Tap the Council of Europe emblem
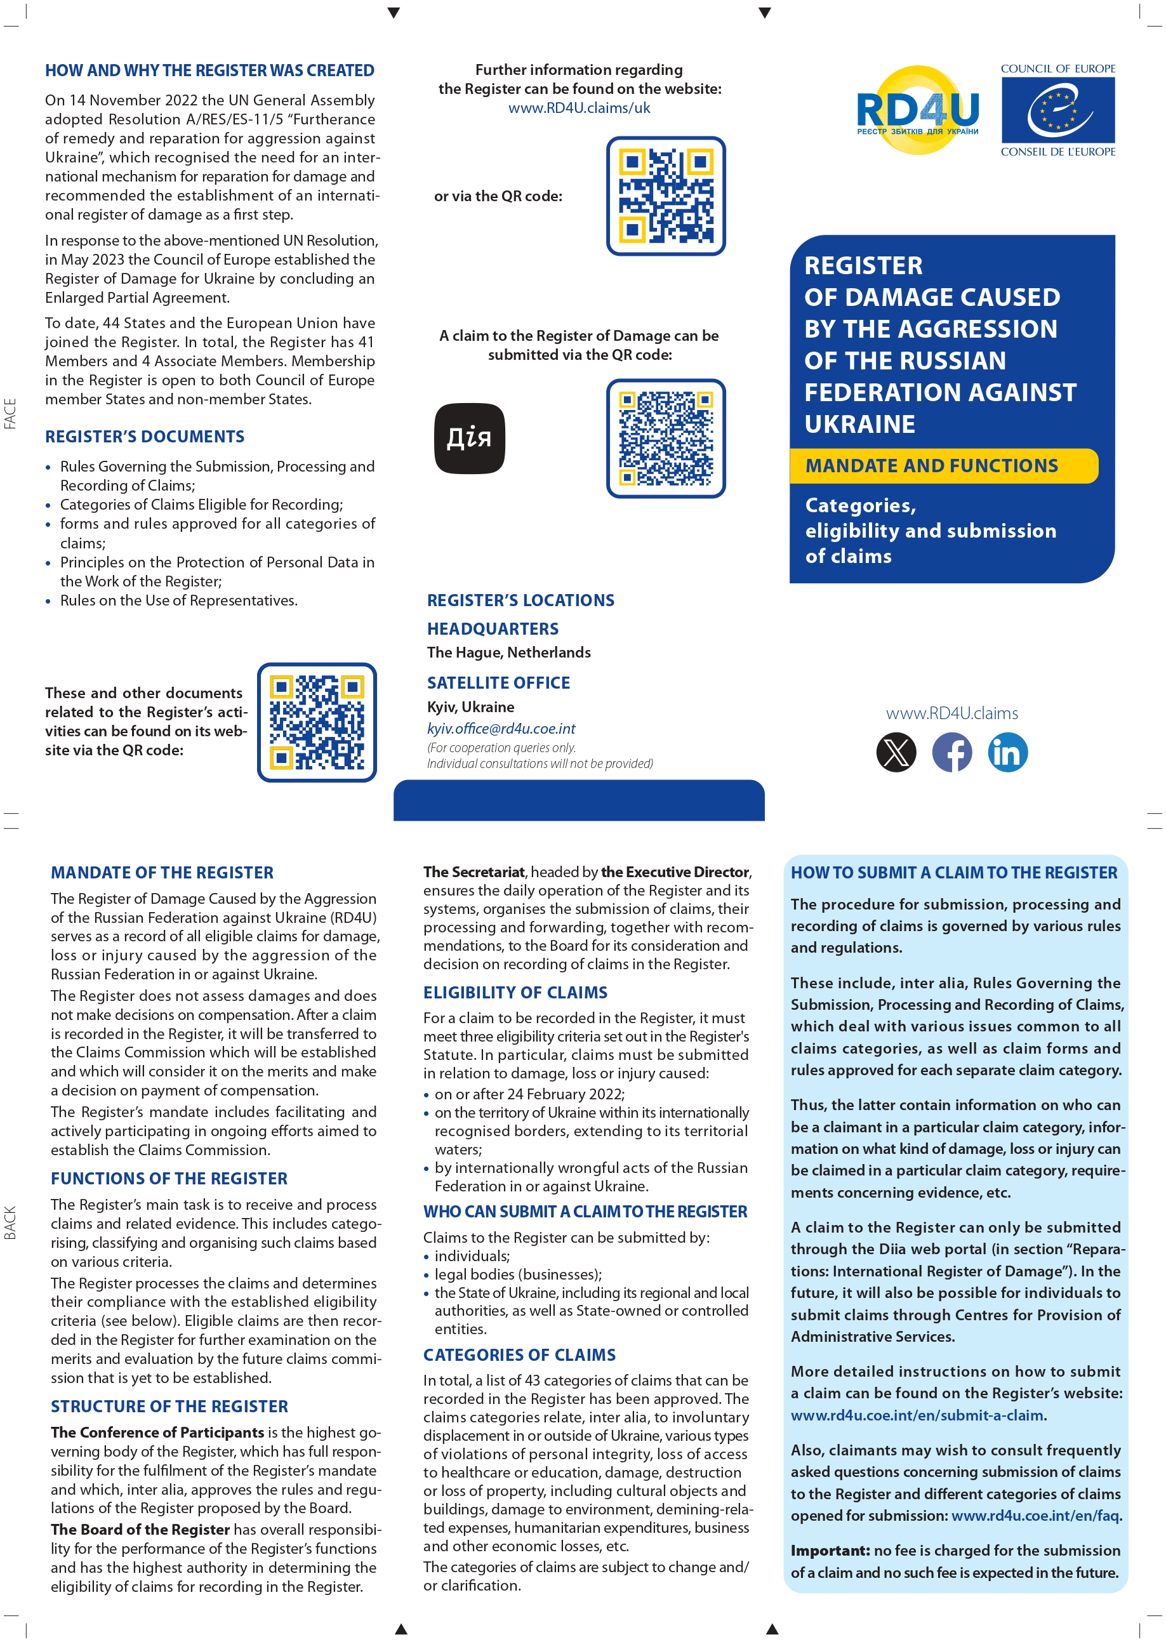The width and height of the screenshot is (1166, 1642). click(x=1057, y=110)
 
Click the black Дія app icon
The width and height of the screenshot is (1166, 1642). click(x=470, y=438)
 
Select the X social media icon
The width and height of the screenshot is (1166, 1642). click(x=896, y=752)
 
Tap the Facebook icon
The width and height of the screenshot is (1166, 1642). click(x=952, y=752)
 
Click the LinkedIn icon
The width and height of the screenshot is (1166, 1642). click(x=1007, y=752)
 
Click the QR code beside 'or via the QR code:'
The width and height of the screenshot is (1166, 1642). click(x=666, y=196)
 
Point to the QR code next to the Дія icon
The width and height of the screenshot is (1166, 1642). click(x=666, y=438)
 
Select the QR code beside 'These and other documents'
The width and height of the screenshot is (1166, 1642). click(x=317, y=722)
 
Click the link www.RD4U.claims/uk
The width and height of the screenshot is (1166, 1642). click(x=579, y=108)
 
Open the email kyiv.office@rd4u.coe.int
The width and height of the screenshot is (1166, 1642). click(x=501, y=728)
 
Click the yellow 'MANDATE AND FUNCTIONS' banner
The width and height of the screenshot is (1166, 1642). click(x=943, y=466)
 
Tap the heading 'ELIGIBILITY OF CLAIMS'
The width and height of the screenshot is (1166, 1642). click(x=515, y=992)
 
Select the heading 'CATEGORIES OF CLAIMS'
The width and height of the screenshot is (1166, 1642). click(x=519, y=1355)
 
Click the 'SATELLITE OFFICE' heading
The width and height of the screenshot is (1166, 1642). click(x=498, y=683)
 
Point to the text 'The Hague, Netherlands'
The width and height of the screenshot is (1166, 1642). click(x=508, y=652)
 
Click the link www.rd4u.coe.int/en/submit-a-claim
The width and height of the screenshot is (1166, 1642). click(x=917, y=1415)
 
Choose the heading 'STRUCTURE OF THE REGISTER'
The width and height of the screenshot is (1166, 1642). click(x=169, y=1407)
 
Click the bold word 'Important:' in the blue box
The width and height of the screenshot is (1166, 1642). click(x=830, y=1551)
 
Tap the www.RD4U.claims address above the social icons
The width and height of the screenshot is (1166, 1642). click(x=951, y=713)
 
